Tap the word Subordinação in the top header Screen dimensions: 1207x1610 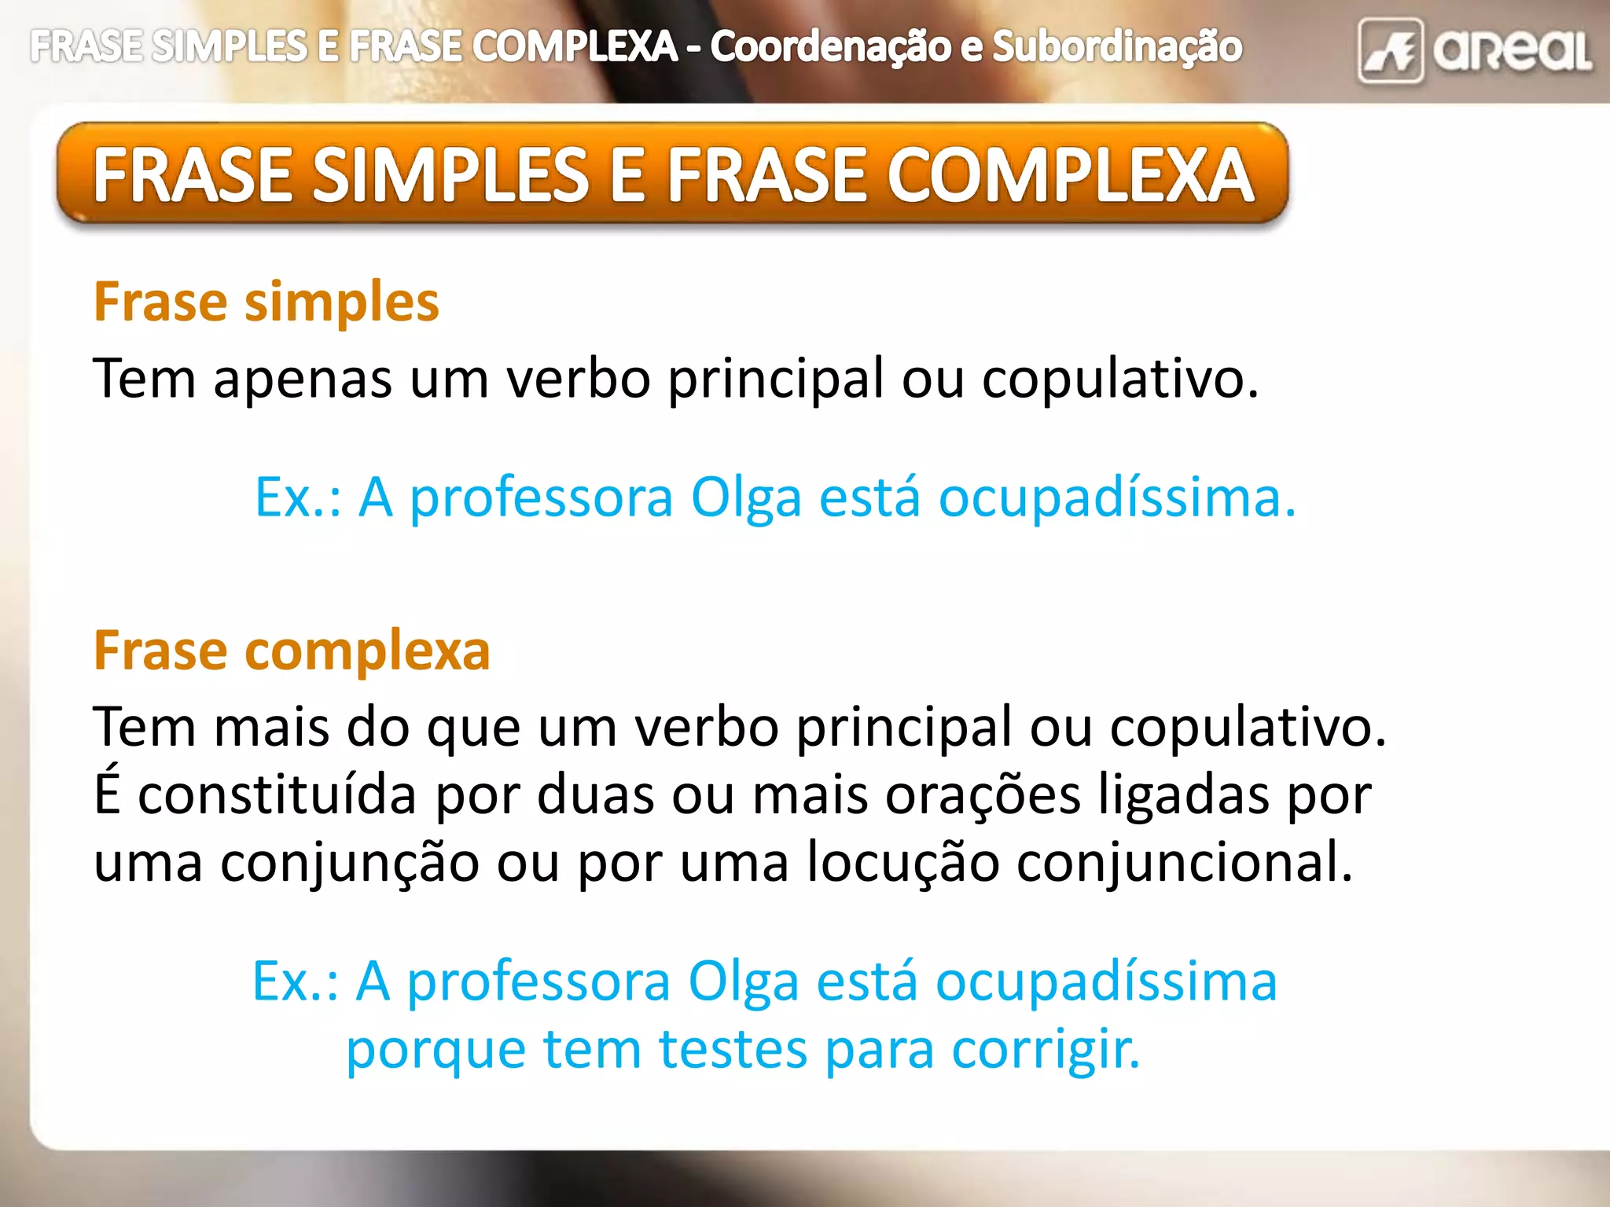click(x=1117, y=47)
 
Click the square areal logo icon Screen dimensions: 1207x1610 click(x=1390, y=51)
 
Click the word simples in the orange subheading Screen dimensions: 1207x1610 click(x=342, y=303)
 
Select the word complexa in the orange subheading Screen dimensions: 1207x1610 click(x=367, y=651)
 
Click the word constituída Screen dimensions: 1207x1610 click(x=277, y=795)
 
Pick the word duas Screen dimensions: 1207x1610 click(x=595, y=795)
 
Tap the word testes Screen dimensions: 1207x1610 click(x=733, y=1050)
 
